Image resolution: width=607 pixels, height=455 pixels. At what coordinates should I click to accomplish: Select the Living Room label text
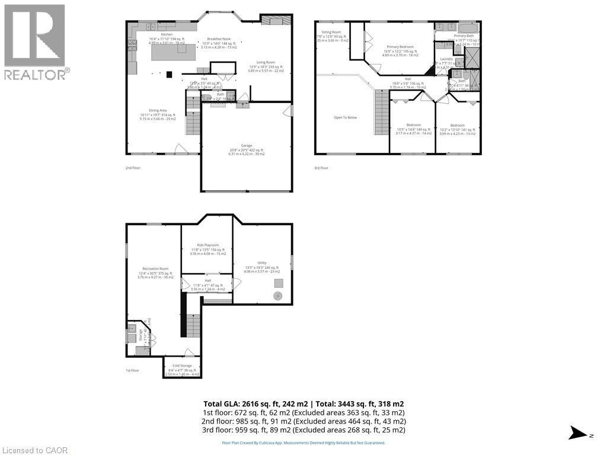click(266, 62)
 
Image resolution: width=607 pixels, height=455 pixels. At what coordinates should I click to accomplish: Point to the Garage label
click(246, 146)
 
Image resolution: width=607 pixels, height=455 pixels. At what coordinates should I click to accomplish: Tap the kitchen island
click(173, 53)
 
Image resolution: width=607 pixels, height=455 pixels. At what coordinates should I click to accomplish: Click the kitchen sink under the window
click(151, 27)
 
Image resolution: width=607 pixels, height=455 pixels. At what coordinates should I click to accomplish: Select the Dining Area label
click(153, 110)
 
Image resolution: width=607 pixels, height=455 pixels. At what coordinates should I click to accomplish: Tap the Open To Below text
click(345, 117)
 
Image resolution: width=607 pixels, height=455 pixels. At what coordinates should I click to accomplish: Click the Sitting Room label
click(331, 32)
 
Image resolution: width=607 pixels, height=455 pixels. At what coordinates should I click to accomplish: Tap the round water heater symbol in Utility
click(278, 296)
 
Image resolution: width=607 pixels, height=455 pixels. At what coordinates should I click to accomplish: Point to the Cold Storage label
click(181, 366)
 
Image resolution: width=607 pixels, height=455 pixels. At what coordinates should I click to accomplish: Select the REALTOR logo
click(35, 41)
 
